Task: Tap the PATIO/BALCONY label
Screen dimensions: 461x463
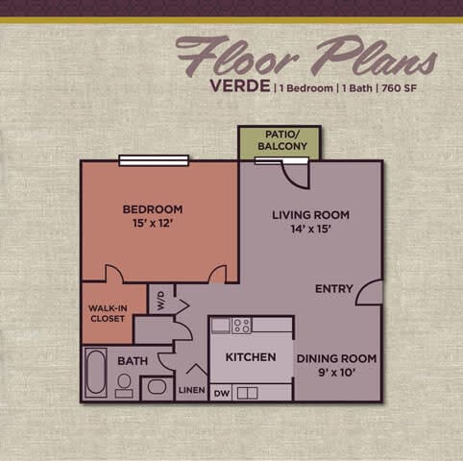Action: coord(280,140)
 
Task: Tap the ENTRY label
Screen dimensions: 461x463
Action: coord(334,289)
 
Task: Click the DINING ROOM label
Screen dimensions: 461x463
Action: coord(336,359)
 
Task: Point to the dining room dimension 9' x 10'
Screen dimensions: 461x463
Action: coord(336,374)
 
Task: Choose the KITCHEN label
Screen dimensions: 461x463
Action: coord(251,357)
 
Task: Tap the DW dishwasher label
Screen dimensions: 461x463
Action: coord(221,393)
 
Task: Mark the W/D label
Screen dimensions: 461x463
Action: coord(161,299)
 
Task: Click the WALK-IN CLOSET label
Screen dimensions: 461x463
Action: coord(107,312)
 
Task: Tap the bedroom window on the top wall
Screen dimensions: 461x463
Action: coord(153,160)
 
